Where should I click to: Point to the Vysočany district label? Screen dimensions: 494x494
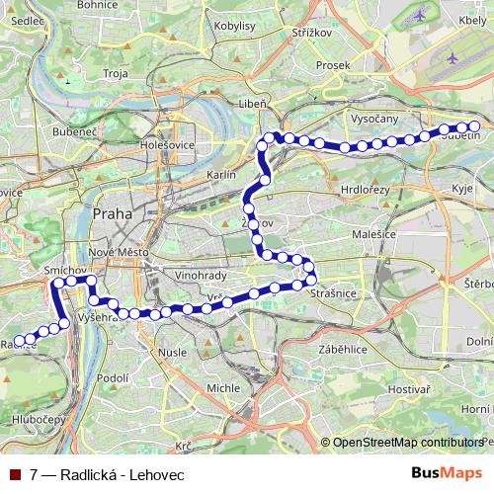coord(373,118)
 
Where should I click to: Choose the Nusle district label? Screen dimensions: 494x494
coord(173,352)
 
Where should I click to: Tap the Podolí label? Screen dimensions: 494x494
coord(114,377)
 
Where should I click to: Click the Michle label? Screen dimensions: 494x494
coord(222,388)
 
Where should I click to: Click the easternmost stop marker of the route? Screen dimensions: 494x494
coord(474,125)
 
